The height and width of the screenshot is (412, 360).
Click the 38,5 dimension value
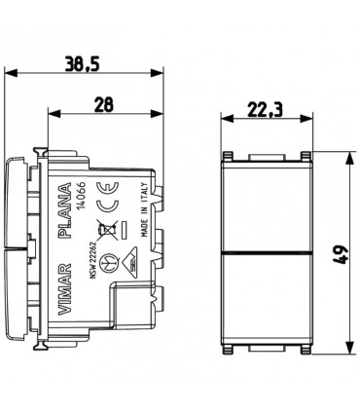point(82,63)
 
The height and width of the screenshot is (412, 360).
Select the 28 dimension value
point(104,105)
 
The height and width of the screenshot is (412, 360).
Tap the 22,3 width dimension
point(265,110)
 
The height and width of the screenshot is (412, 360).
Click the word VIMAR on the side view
point(64,288)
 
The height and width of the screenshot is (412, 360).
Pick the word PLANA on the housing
point(64,210)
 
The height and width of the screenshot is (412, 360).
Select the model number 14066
point(81,196)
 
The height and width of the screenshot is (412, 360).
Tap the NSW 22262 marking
point(91,258)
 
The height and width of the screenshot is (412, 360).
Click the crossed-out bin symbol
point(108,230)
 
